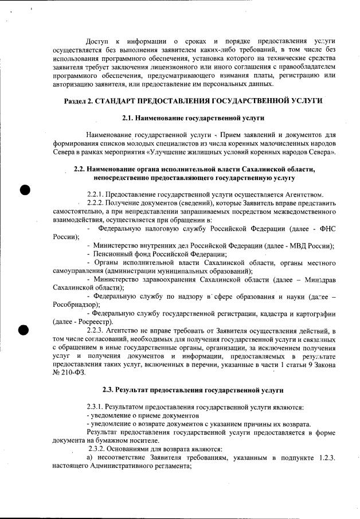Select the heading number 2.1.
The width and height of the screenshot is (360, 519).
129,118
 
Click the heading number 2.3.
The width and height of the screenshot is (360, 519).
109,390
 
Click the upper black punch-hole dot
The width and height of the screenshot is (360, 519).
24,190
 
